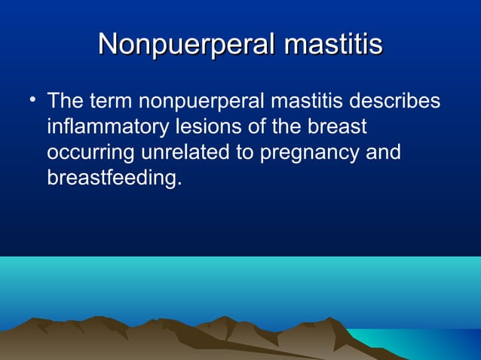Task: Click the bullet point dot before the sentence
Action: [x=28, y=99]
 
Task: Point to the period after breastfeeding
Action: [x=181, y=185]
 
